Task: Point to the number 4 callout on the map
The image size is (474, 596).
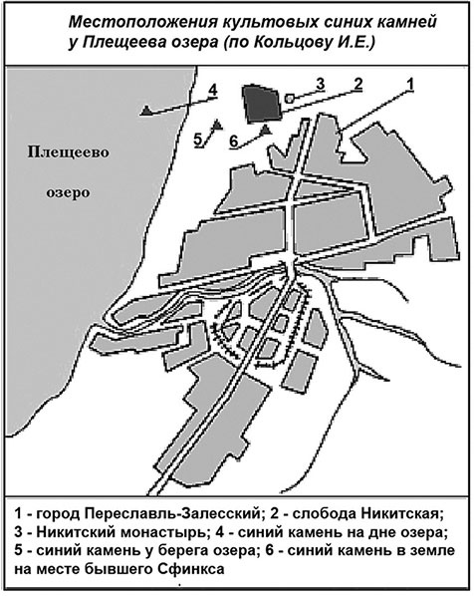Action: coord(213,92)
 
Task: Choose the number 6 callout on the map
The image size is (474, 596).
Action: coord(232,142)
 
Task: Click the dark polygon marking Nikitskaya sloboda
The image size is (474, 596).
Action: coord(261,104)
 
